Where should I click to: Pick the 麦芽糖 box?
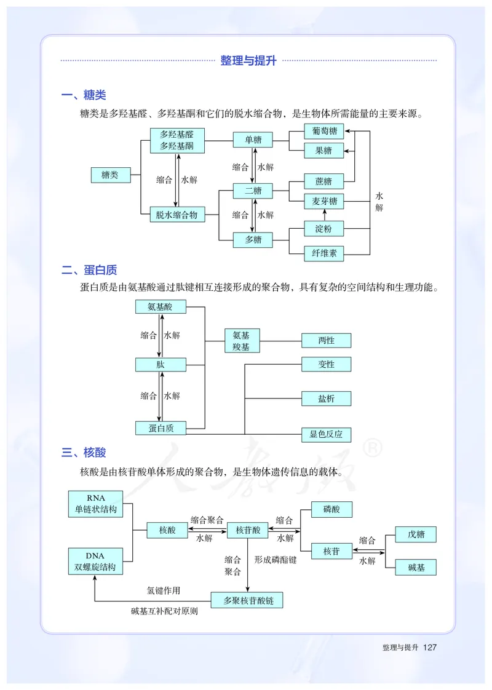[x=324, y=201]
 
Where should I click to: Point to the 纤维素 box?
[x=324, y=252]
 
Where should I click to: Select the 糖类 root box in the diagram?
[x=110, y=175]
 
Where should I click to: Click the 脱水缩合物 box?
[x=177, y=215]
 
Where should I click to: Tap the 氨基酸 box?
[x=160, y=306]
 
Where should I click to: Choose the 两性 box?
[x=326, y=341]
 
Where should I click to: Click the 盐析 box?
[x=326, y=399]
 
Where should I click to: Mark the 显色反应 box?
[x=326, y=434]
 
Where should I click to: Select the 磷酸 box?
[x=331, y=510]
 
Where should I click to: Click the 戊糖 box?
[x=416, y=534]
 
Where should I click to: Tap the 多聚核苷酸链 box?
[x=247, y=600]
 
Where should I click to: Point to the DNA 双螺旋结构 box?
[x=95, y=561]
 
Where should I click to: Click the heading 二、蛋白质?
[x=89, y=270]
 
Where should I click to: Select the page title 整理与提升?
[x=248, y=60]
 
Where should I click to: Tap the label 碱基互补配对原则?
[x=164, y=611]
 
